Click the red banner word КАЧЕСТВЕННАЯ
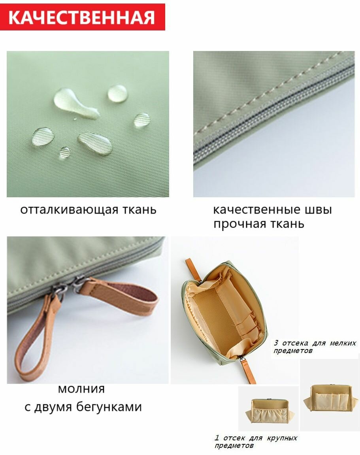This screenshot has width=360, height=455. (82, 17)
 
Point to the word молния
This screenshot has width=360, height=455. (81, 389)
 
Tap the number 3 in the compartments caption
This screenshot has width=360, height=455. (276, 343)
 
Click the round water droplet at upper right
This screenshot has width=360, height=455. (117, 94)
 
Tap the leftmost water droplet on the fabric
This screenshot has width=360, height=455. (43, 136)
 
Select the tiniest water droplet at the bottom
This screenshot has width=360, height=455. (64, 153)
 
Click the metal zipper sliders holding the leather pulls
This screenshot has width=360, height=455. (67, 287)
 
